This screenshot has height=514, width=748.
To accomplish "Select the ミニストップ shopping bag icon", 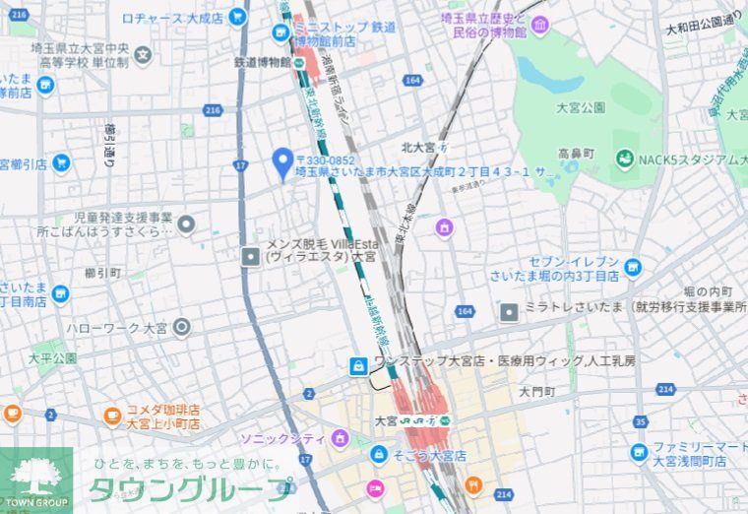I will point(282,32).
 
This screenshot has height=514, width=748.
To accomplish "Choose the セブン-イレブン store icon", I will point(632,265).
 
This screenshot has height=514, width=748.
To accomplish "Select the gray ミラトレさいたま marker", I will point(508,313).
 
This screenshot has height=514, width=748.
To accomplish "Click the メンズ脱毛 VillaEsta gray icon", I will point(251,256).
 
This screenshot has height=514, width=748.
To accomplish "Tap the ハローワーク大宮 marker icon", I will point(181,328).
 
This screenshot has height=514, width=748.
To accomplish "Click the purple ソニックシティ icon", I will point(340,436).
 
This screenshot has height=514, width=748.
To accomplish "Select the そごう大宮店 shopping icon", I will point(378,455).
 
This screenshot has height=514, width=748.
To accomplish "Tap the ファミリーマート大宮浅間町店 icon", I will point(639,452).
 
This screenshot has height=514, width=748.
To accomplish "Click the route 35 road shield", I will point(641,422).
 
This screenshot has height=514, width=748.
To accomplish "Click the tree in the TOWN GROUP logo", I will point(35,477).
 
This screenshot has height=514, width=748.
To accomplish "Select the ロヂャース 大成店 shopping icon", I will point(236,17).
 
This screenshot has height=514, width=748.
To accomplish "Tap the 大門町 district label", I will point(537,391).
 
